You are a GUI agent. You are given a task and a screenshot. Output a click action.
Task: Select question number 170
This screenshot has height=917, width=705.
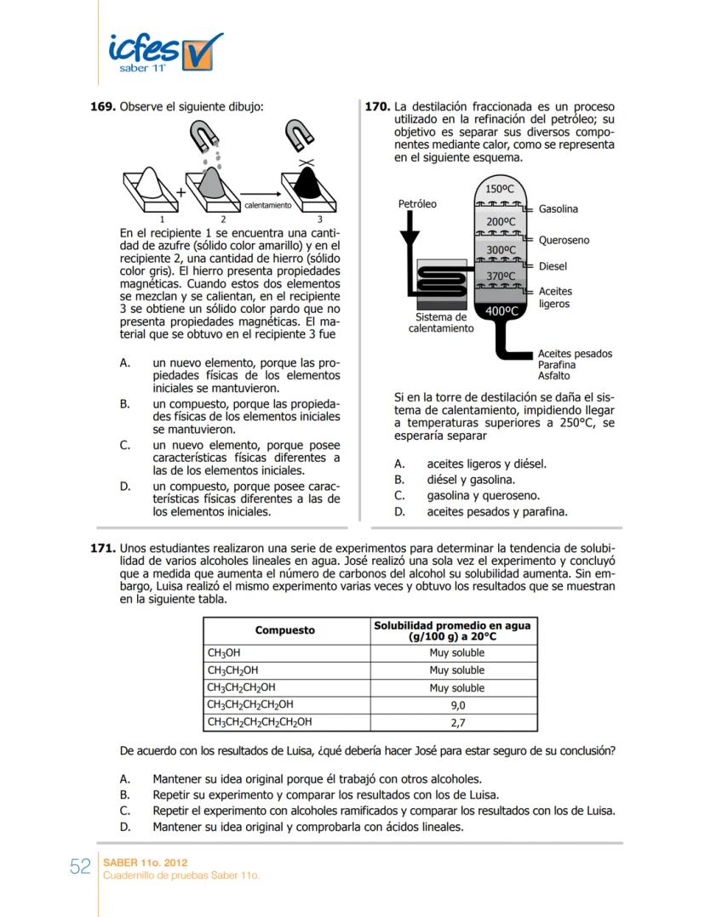[x=377, y=107]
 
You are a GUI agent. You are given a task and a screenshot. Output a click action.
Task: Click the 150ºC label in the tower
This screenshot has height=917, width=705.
[x=499, y=189]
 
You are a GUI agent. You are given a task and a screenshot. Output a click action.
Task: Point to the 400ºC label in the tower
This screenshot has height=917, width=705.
[x=502, y=311]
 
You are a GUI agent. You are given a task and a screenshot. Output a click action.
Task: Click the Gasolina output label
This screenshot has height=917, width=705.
[x=558, y=209]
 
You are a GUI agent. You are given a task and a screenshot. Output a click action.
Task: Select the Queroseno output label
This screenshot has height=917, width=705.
[x=564, y=240]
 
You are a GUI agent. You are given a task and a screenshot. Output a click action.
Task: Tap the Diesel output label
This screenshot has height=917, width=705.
[x=553, y=266]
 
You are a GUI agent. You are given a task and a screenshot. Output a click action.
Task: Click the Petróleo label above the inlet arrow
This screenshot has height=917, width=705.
[x=417, y=204]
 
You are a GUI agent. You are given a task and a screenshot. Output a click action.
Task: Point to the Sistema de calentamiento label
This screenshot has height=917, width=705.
[x=441, y=322]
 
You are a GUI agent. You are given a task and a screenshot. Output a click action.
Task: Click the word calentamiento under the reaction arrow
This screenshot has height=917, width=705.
[x=267, y=205]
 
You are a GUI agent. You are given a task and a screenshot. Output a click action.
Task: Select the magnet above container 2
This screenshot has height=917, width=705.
[x=205, y=134]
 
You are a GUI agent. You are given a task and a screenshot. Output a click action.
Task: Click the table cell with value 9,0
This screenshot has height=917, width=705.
[x=456, y=705]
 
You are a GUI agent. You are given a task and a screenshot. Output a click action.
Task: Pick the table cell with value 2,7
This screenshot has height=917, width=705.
[x=456, y=722]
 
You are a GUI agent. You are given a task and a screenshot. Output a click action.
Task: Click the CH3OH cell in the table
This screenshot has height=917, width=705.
[x=223, y=652]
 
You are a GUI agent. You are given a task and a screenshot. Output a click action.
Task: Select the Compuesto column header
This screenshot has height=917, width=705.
[x=284, y=630]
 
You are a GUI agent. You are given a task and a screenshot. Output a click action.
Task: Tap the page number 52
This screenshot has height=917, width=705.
[x=80, y=867]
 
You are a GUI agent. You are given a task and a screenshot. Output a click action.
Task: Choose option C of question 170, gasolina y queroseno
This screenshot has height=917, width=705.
[x=483, y=495]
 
